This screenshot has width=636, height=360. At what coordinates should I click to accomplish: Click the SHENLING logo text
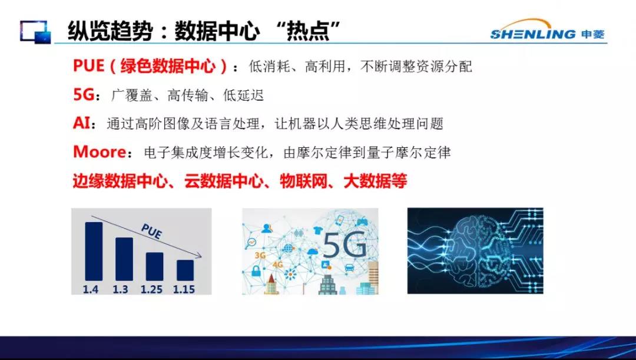point(532,35)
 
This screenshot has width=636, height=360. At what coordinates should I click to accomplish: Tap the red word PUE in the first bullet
point(88,66)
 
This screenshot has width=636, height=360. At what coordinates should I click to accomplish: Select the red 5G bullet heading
point(84,94)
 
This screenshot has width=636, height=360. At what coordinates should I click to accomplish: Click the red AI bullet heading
point(81,123)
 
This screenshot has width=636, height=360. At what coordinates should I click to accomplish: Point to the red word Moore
point(100,152)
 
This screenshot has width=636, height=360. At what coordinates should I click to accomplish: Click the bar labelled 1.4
point(94,251)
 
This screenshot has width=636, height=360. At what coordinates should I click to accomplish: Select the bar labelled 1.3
point(124,259)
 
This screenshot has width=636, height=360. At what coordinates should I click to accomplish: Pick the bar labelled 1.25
point(154,267)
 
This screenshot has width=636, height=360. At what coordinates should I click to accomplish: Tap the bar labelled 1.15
point(185,270)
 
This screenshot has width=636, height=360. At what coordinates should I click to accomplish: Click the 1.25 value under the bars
point(152,289)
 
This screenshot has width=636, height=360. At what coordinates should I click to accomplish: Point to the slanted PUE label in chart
point(152,231)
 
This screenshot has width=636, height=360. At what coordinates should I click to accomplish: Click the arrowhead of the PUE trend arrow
point(199,256)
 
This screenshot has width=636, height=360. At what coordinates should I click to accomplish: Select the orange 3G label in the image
point(260,255)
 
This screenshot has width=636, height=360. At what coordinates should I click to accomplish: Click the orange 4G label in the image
point(277,265)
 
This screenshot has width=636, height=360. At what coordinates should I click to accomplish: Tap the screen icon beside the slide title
point(36,32)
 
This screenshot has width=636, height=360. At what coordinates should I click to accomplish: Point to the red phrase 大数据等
point(375,181)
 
